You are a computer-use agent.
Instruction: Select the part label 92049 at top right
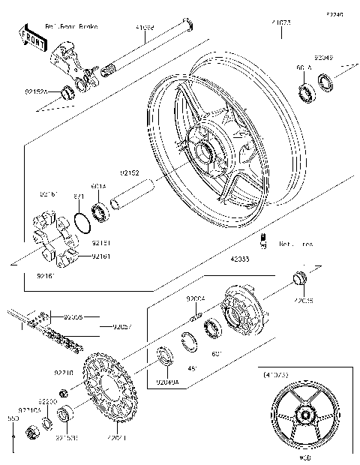click(323, 57)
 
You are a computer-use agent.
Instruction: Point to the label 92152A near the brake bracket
click(35, 91)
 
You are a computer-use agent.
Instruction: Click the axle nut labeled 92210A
click(32, 431)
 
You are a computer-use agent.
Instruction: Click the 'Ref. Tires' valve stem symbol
click(264, 240)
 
